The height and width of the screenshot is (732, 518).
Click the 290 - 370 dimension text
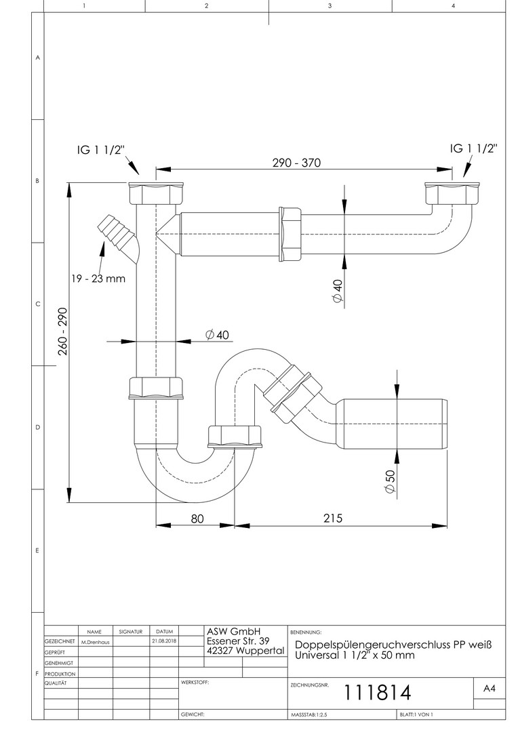coord(296,163)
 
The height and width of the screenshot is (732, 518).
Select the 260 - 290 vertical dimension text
coord(63,331)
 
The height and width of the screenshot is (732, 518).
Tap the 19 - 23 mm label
coord(98,279)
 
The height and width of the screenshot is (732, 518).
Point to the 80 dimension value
coord(197,518)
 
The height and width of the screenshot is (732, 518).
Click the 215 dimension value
coord(333,518)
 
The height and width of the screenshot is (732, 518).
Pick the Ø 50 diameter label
coord(390,481)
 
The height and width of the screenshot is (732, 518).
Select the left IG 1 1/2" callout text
coord(101,150)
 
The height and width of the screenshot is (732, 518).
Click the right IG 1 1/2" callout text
coord(474,148)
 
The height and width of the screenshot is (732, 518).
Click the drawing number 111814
coord(378,692)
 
